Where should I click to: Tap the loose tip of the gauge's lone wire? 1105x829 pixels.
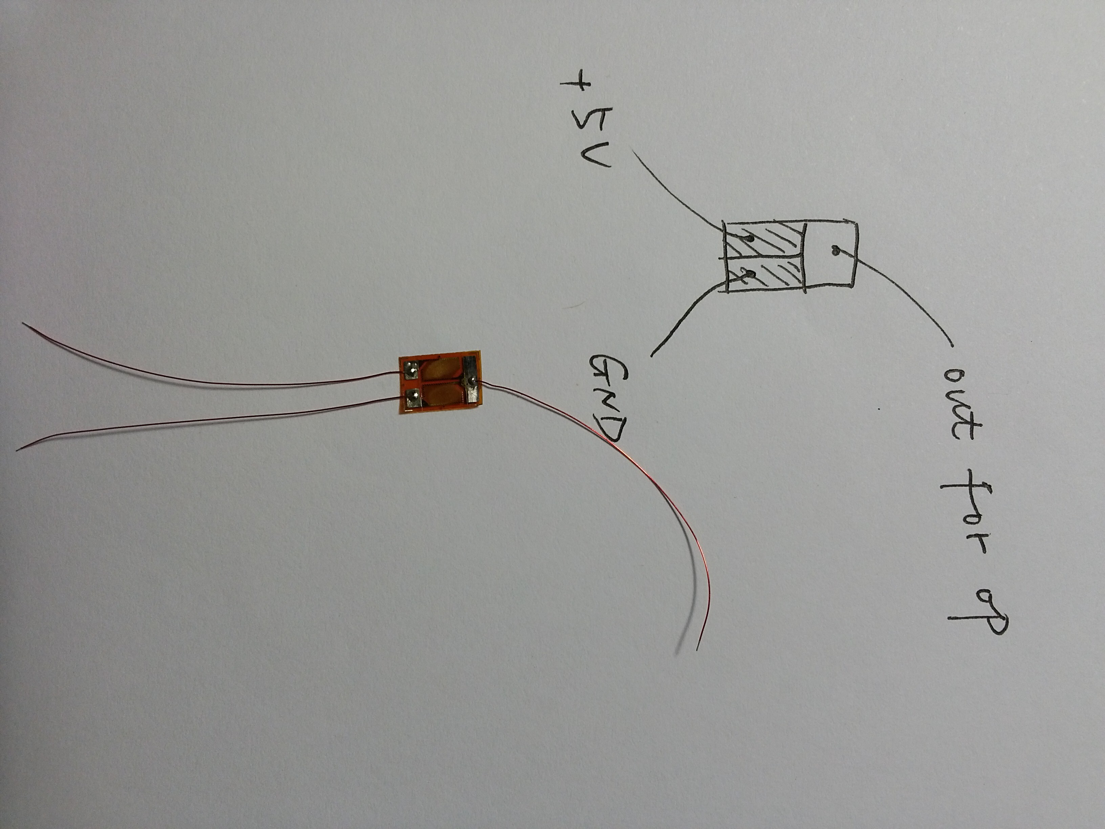click(696, 650)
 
